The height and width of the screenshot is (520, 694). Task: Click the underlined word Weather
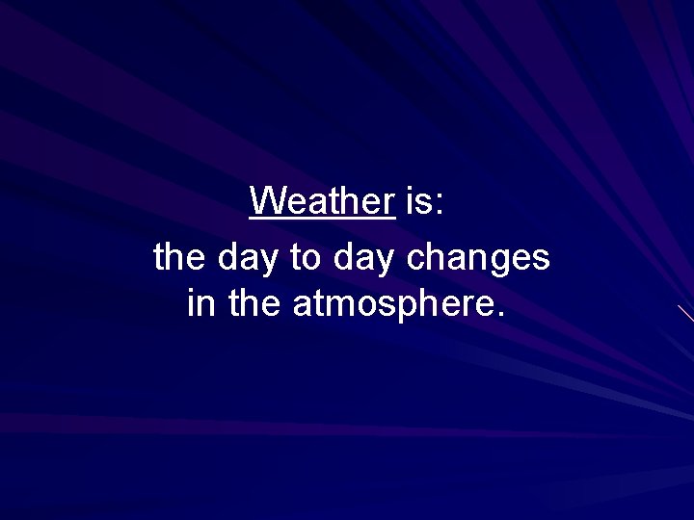pyautogui.click(x=322, y=201)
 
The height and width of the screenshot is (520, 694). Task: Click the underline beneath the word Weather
pyautogui.click(x=322, y=219)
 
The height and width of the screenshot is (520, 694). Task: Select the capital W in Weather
pyautogui.click(x=265, y=201)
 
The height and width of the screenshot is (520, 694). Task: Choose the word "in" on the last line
pyautogui.click(x=200, y=303)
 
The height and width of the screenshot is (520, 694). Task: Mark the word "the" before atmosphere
pyautogui.click(x=254, y=303)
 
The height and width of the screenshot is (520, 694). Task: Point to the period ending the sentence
pyautogui.click(x=498, y=315)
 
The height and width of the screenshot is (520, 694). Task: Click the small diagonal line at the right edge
pyautogui.click(x=685, y=313)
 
